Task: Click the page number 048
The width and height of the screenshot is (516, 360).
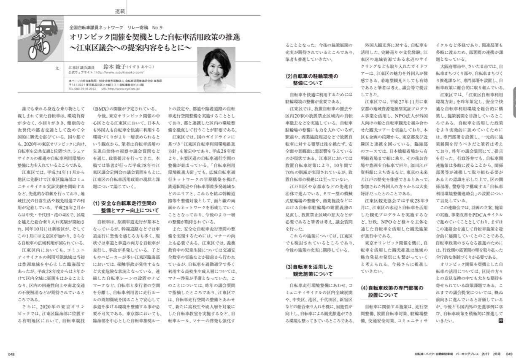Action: [x=11, y=354]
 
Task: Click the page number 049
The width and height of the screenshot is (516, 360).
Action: [x=509, y=354]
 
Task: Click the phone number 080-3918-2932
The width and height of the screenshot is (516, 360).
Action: [x=85, y=89]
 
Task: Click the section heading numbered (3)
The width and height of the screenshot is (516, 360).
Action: [x=308, y=271]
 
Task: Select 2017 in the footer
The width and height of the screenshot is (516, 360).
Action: [x=486, y=354]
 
